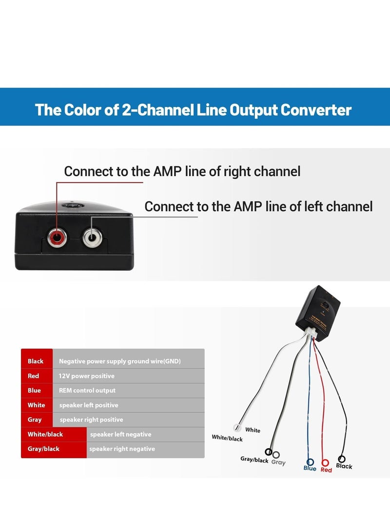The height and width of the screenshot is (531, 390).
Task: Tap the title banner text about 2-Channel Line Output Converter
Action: (193, 109)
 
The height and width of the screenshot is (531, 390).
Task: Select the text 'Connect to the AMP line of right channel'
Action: (182, 171)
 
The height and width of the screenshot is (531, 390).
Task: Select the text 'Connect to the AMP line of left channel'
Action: (258, 206)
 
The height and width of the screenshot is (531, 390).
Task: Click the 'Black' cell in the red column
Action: (36, 361)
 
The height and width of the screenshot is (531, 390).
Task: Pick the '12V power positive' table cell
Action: (87, 376)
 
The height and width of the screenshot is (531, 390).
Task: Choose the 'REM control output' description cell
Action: (87, 390)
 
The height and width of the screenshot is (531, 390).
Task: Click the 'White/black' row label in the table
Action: (45, 434)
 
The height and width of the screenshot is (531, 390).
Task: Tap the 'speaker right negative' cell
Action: (122, 449)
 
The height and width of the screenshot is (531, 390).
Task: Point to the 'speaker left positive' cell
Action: (89, 405)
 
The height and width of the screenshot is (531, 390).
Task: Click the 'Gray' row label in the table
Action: (35, 420)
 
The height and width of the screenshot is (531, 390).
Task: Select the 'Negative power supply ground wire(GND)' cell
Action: (120, 361)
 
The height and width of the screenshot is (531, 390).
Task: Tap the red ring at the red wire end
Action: (325, 462)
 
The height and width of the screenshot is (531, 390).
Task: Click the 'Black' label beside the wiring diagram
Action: (344, 466)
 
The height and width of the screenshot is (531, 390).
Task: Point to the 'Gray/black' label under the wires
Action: (254, 460)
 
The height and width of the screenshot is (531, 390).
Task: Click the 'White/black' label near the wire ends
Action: (227, 438)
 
